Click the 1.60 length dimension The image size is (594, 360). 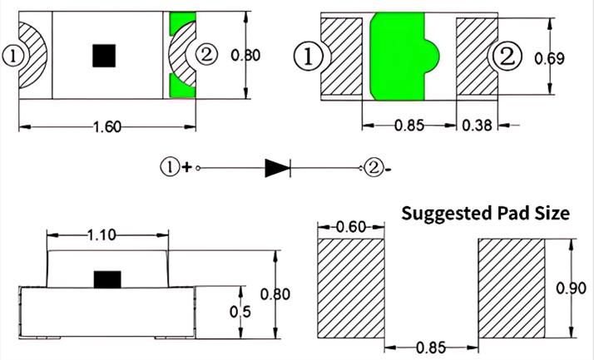[x=107, y=127]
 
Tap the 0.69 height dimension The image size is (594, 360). [x=572, y=58]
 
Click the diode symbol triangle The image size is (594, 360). [x=277, y=167]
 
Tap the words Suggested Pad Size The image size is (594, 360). [x=486, y=213]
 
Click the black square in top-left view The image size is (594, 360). [x=104, y=56]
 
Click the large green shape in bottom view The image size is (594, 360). [x=402, y=58]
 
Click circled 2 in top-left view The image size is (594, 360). [x=205, y=56]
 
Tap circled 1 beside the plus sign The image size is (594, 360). [x=169, y=167]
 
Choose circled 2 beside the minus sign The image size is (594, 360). [x=374, y=167]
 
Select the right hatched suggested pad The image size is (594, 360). [x=509, y=287]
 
